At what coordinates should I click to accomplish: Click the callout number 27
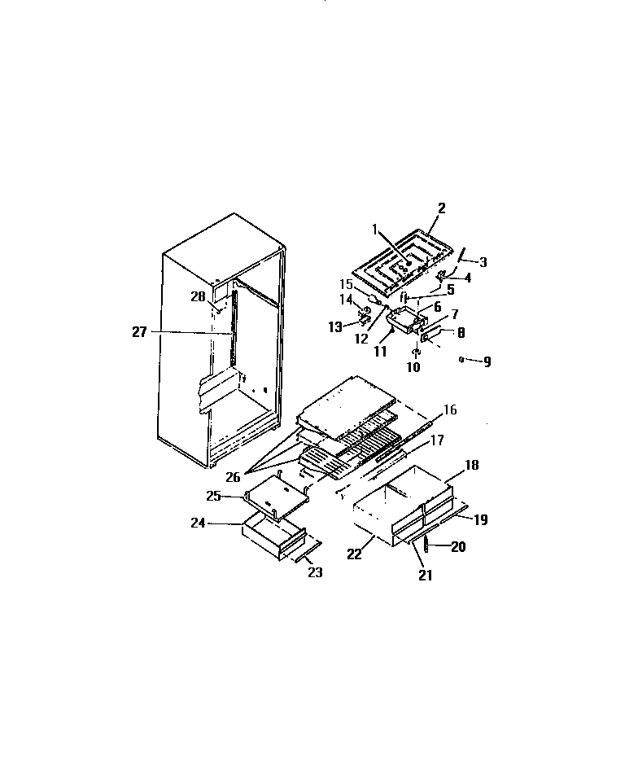pyautogui.click(x=139, y=331)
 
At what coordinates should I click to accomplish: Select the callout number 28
pyautogui.click(x=199, y=297)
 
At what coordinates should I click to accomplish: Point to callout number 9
pyautogui.click(x=487, y=361)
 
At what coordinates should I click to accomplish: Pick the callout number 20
pyautogui.click(x=459, y=547)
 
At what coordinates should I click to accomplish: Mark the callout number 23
pyautogui.click(x=315, y=572)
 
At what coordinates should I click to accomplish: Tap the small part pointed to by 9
pyautogui.click(x=461, y=358)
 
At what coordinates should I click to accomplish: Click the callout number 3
pyautogui.click(x=483, y=262)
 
